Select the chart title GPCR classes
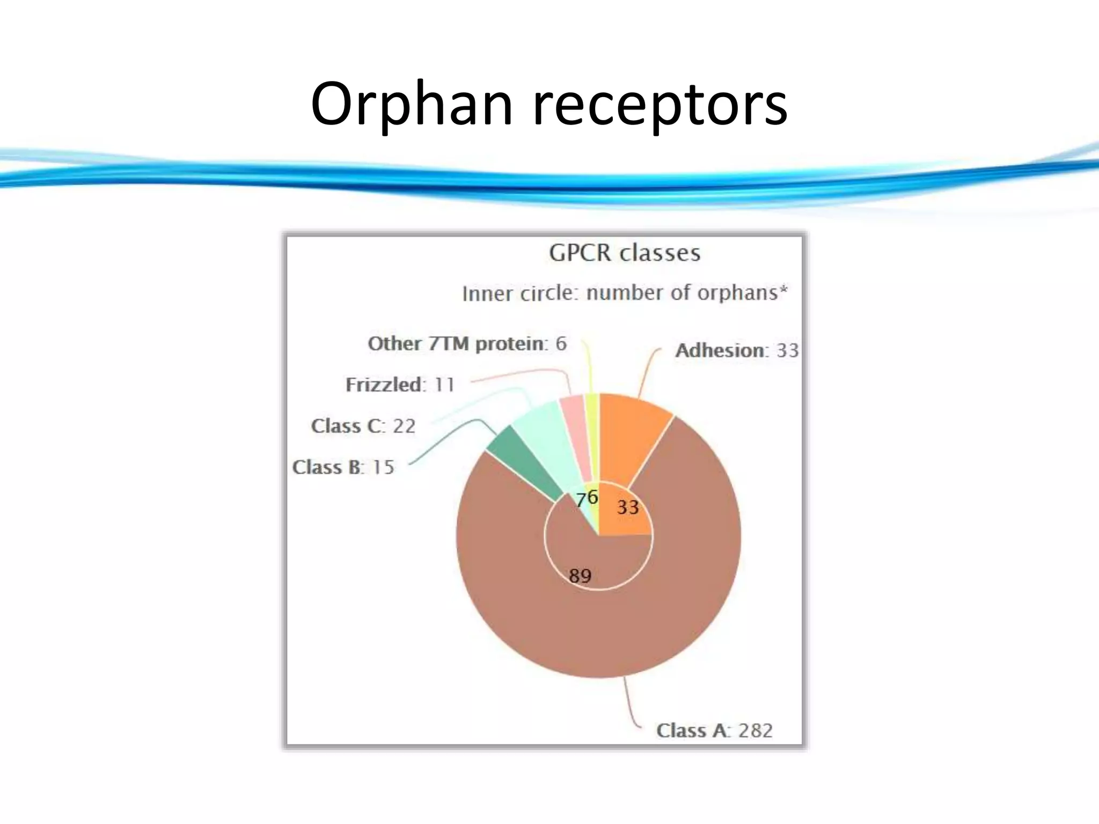625,253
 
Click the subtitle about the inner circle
625,293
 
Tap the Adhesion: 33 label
737,350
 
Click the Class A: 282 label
714,730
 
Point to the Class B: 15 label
343,467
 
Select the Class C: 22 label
363,426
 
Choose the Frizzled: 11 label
400,385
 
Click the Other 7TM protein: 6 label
467,343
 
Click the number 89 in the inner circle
580,576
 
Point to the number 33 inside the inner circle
627,507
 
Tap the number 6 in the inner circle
592,496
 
